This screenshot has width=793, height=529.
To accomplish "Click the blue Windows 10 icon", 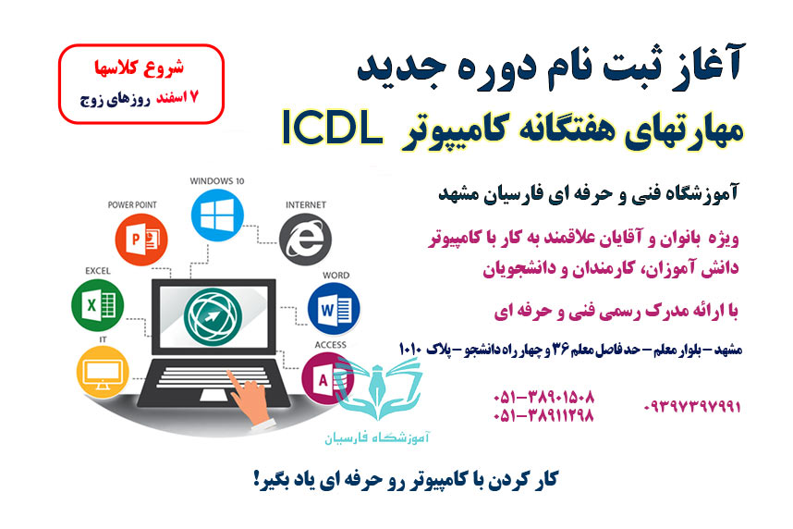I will pos(215,218).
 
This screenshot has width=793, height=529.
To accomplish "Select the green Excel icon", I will pos(97,303).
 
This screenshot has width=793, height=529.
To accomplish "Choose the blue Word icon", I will pos(334,309).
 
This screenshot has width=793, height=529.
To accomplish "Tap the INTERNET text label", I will pos(302,204).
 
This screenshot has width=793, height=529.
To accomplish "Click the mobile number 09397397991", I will pos(691,406).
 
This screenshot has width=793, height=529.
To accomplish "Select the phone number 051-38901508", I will pos(543,396).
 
